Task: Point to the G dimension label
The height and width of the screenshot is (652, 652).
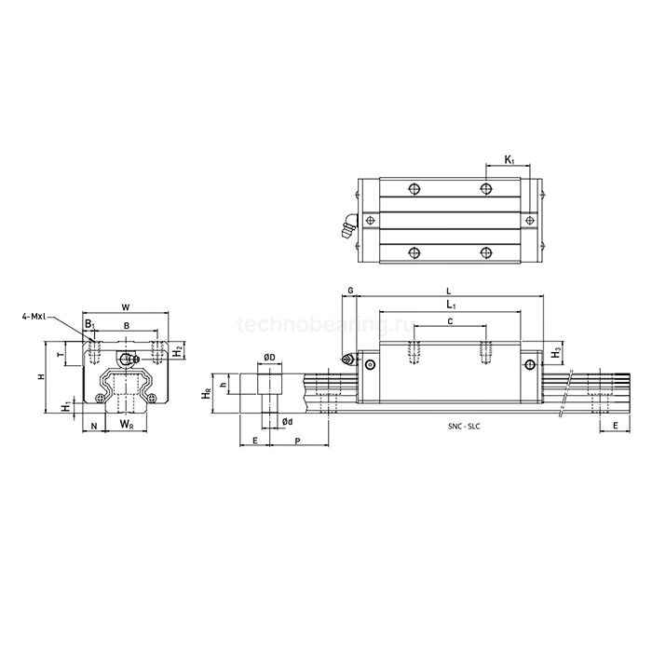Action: click(350, 291)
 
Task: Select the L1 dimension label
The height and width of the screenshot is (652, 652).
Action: click(450, 304)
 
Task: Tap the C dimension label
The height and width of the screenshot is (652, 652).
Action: click(450, 320)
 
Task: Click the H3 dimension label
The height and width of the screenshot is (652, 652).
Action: click(556, 353)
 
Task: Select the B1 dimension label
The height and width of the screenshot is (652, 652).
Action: click(90, 325)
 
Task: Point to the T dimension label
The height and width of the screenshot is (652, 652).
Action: click(61, 355)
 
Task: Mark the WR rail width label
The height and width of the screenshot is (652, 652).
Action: click(126, 425)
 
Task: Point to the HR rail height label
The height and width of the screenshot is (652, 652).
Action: click(206, 395)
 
